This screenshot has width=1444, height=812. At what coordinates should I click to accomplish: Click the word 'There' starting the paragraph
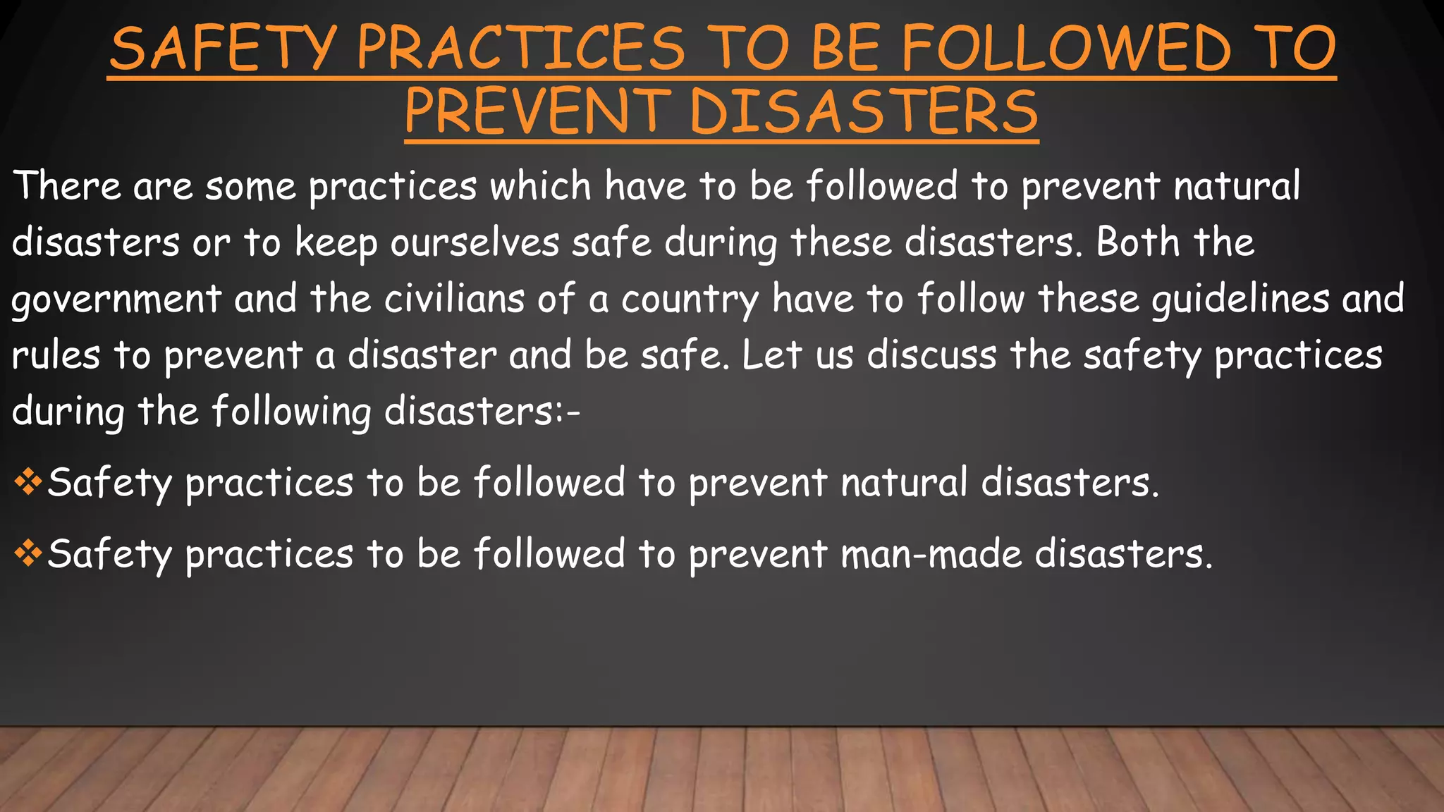pos(67,186)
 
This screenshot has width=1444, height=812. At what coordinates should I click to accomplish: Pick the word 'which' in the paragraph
pos(540,186)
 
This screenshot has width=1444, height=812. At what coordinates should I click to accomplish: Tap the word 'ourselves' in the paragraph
pos(475,242)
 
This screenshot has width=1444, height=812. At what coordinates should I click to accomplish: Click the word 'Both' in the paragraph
pos(1137,242)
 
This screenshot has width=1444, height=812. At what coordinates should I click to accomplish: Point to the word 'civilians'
pos(454,299)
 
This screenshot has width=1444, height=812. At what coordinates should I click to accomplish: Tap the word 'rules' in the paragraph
pos(56,355)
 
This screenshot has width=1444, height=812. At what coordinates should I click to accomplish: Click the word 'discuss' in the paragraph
pos(931,355)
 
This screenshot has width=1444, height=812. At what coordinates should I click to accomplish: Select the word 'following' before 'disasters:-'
pos(291,412)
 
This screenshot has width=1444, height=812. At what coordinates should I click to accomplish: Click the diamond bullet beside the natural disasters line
pos(28,482)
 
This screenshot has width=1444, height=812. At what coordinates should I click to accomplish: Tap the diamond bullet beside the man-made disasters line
pos(28,553)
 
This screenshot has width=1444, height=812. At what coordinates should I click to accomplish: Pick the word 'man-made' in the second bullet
pos(931,553)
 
